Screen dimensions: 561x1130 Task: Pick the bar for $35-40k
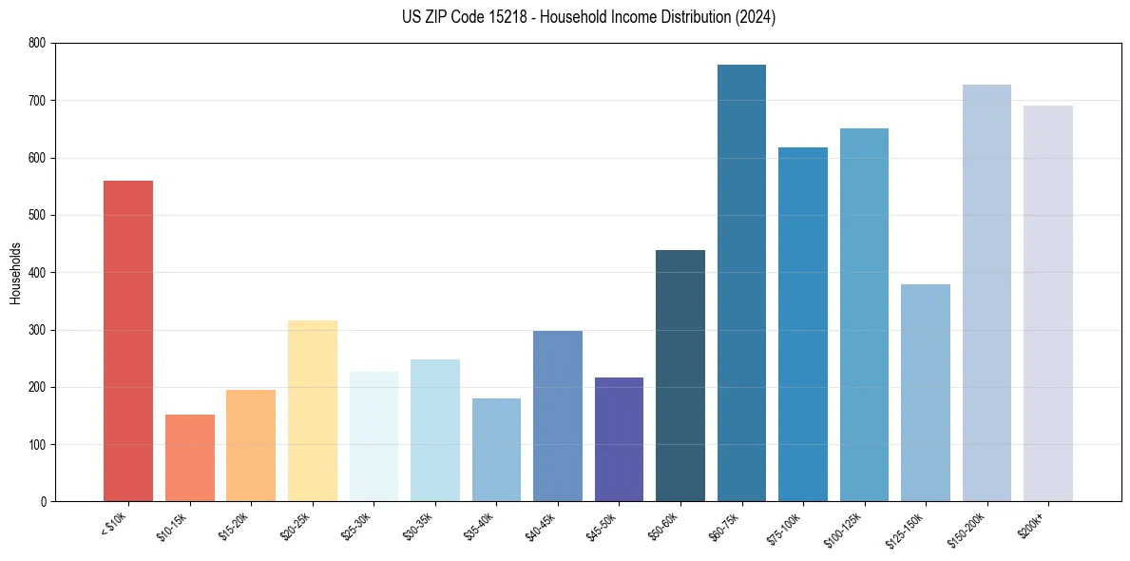[x=496, y=450]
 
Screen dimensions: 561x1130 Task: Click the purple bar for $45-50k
[x=619, y=439]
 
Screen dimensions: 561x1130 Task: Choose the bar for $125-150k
[x=925, y=393]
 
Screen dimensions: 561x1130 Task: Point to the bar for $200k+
[x=1047, y=303]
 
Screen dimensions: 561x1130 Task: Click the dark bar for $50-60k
[x=680, y=376]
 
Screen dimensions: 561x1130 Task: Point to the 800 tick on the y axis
[x=37, y=43]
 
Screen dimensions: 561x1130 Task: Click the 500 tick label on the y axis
[x=37, y=215]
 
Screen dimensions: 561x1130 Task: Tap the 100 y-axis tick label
[x=37, y=445]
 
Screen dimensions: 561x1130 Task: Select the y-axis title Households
[x=16, y=273]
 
